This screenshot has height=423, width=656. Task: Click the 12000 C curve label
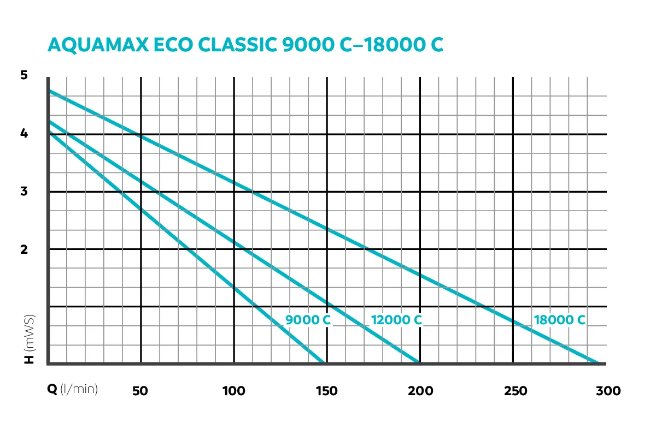[396, 320]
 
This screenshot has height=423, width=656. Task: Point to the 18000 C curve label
[559, 320]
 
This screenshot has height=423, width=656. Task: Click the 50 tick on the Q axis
[140, 391]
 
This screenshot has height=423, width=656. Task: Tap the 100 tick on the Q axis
[233, 391]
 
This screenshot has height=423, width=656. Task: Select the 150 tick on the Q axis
[326, 391]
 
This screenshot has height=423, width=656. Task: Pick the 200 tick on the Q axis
[420, 391]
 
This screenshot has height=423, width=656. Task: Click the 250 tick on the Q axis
[513, 391]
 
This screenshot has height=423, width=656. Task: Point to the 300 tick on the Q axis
[607, 391]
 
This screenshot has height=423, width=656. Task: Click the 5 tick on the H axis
[24, 76]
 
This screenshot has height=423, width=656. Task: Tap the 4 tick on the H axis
[24, 134]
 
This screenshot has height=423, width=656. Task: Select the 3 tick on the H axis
[24, 192]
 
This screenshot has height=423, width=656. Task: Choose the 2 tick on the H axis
[24, 249]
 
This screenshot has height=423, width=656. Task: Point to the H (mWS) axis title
[30, 338]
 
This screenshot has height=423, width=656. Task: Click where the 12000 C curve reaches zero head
[418, 362]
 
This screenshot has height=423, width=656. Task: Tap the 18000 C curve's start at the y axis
[49, 91]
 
